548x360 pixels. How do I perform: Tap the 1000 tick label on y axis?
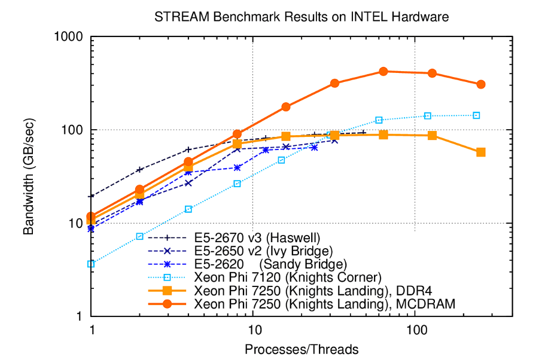(x=68, y=37)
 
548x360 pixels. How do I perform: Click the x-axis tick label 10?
(x=254, y=330)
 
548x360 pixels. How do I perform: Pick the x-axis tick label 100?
(x=415, y=330)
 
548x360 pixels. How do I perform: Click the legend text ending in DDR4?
(x=314, y=291)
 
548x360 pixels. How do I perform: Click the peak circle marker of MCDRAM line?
(x=383, y=72)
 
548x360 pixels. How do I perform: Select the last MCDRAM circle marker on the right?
(x=481, y=84)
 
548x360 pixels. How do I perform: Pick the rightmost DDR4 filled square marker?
(x=481, y=152)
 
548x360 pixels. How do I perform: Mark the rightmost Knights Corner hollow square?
(x=477, y=115)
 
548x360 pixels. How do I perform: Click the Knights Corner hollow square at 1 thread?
(x=92, y=264)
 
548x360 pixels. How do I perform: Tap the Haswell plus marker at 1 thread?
(x=92, y=196)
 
